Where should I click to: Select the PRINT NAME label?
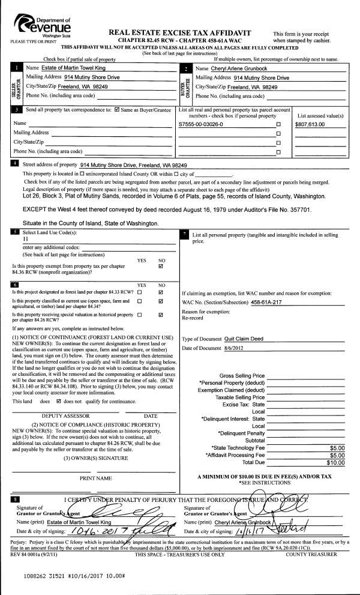coord(96,478)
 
